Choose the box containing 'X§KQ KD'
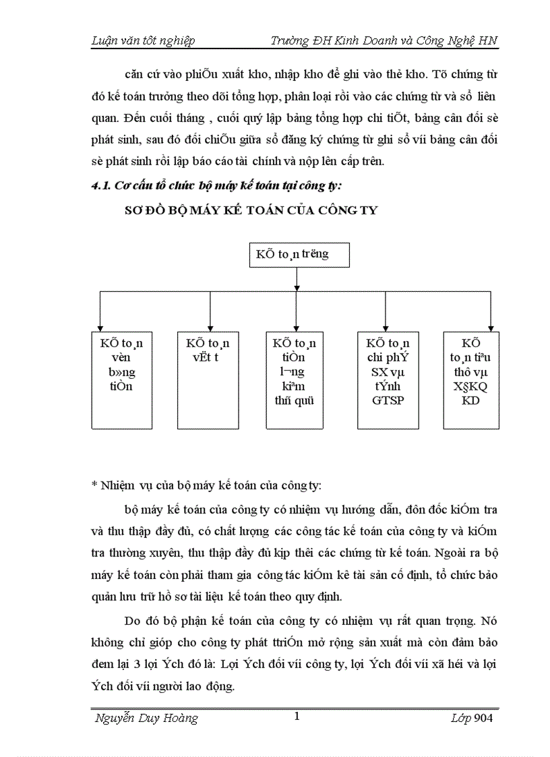pos(471,380)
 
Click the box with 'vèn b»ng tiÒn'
pos(121,380)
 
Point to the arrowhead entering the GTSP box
pos(384,327)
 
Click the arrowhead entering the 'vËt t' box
pos(211,327)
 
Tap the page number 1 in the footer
pos(296,717)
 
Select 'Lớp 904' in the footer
pos(472,719)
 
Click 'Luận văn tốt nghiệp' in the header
pos(143,41)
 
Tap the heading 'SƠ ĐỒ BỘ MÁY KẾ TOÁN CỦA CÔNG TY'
pos(252,210)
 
